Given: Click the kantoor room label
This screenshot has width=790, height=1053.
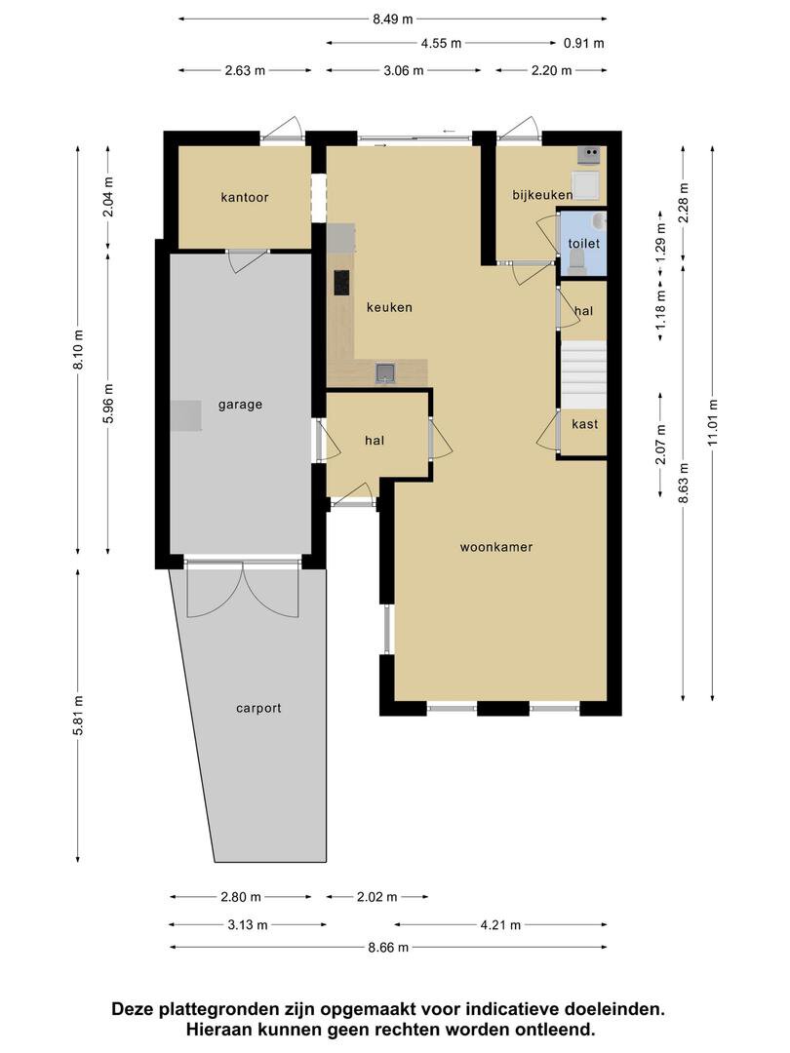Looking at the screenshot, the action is pyautogui.click(x=245, y=197).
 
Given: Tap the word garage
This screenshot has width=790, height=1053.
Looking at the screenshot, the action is pyautogui.click(x=240, y=405).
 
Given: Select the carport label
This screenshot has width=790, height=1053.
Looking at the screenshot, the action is pyautogui.click(x=258, y=709).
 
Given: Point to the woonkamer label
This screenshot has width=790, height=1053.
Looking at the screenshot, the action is pyautogui.click(x=496, y=547).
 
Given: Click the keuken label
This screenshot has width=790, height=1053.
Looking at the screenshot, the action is pyautogui.click(x=389, y=307).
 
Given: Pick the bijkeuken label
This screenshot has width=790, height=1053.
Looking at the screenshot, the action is pyautogui.click(x=543, y=195).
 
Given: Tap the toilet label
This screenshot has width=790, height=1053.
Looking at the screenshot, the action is pyautogui.click(x=584, y=243).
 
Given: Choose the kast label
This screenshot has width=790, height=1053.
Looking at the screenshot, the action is pyautogui.click(x=584, y=424).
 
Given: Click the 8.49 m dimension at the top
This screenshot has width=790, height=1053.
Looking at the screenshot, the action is pyautogui.click(x=393, y=19).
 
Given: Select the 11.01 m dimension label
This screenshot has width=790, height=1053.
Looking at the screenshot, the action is pyautogui.click(x=713, y=422).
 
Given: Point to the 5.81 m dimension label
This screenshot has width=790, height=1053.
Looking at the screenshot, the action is pyautogui.click(x=78, y=715).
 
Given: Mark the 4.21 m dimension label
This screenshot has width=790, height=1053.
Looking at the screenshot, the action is pyautogui.click(x=500, y=925).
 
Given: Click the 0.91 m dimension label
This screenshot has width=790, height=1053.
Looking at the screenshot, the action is pyautogui.click(x=584, y=44).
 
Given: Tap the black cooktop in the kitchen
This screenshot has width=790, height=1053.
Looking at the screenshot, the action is pyautogui.click(x=342, y=283).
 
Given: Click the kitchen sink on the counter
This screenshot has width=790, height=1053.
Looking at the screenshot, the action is pyautogui.click(x=385, y=372).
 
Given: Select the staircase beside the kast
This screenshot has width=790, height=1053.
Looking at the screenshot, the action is pyautogui.click(x=584, y=374).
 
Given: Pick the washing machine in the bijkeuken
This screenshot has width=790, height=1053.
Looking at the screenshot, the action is pyautogui.click(x=585, y=185).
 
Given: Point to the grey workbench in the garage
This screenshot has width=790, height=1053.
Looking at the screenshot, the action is pyautogui.click(x=185, y=415).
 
